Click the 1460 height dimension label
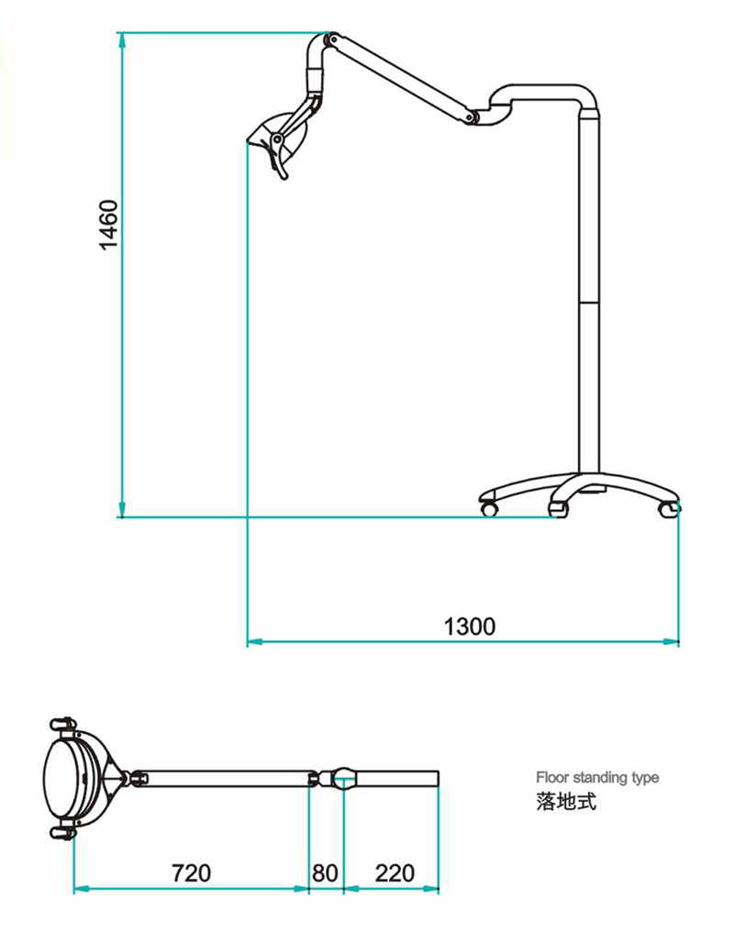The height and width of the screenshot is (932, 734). [x=108, y=225]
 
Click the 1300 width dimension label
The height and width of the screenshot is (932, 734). [x=470, y=627]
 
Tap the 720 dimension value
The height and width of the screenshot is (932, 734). [x=191, y=872]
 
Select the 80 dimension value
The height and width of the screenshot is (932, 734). [x=325, y=872]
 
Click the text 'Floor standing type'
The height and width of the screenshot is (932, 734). [x=597, y=778]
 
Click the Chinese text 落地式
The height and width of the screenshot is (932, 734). [x=566, y=801]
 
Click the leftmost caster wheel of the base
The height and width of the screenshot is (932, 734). [x=489, y=506]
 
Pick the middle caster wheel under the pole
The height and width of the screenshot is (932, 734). [x=557, y=507]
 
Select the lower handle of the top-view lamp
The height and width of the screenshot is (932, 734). [x=62, y=833]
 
